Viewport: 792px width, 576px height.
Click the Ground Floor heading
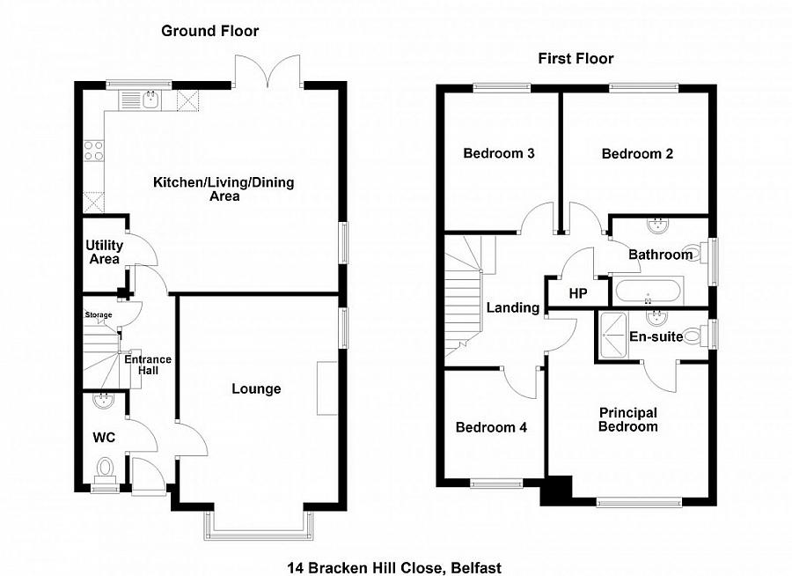[209, 32]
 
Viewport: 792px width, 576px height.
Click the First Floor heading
[576, 59]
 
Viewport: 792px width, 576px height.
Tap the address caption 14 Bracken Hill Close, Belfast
[394, 568]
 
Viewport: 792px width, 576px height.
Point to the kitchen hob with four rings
[93, 150]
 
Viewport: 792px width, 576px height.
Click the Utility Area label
[103, 252]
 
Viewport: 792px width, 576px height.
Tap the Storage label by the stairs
[99, 314]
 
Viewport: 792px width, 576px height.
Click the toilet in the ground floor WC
[106, 466]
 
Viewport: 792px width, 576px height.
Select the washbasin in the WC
[104, 401]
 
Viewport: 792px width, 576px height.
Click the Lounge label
[256, 389]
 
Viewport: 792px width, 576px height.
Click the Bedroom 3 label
[499, 153]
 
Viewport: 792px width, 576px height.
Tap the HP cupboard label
[578, 292]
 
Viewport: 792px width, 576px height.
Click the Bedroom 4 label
[491, 428]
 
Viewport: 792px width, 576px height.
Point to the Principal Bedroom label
[628, 419]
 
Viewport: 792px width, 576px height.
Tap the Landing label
[512, 308]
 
